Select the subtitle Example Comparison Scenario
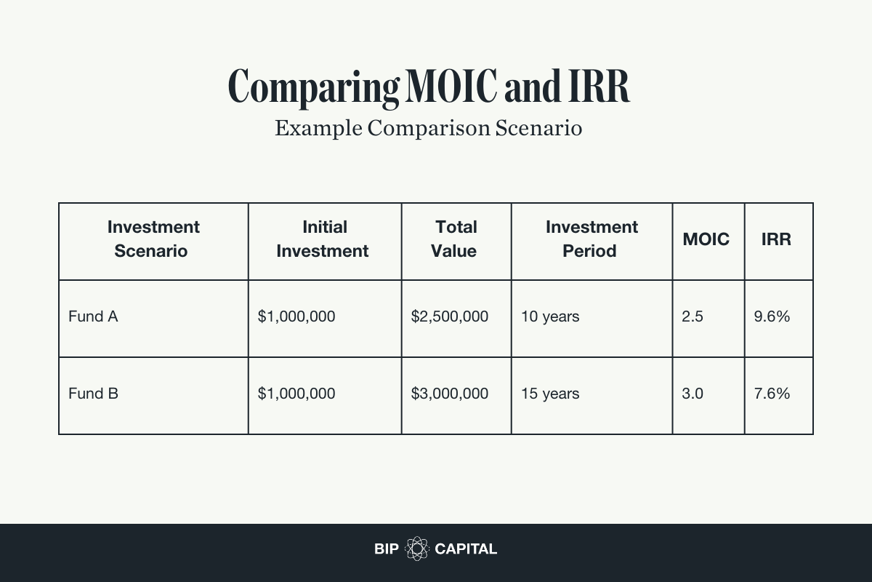[x=429, y=128]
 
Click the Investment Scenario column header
[x=153, y=239]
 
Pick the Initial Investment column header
[x=324, y=239]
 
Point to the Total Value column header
[x=456, y=239]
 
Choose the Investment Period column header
[x=592, y=239]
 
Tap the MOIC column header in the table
[x=706, y=239]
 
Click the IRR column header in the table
[x=776, y=239]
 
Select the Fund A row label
[x=93, y=316]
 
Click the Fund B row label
[x=93, y=394]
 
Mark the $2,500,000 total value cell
[x=450, y=316]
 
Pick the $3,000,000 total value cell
[x=450, y=394]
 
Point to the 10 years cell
[x=550, y=316]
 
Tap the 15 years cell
[x=550, y=394]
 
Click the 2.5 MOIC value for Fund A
[x=693, y=316]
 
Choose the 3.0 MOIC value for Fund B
[x=693, y=394]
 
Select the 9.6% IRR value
[x=772, y=316]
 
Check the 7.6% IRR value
[x=772, y=394]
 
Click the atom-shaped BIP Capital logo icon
[x=417, y=549]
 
